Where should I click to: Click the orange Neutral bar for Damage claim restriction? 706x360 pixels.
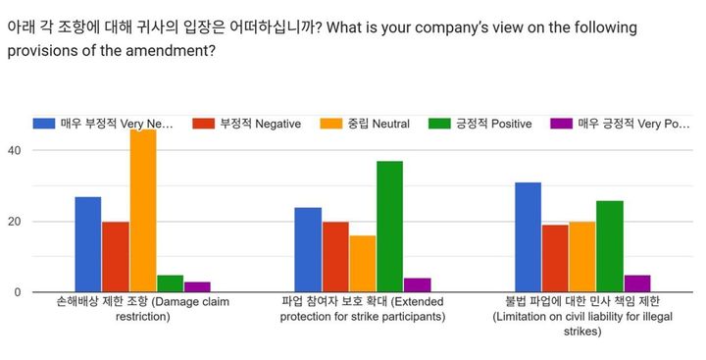[x=143, y=211]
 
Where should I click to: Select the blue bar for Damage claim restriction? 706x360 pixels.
[x=88, y=244]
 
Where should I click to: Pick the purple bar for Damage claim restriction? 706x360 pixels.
[x=197, y=286]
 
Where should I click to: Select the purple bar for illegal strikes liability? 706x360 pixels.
[x=636, y=283]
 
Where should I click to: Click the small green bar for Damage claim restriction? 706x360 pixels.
[x=170, y=283]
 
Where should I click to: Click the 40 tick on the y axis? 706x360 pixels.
[x=14, y=150]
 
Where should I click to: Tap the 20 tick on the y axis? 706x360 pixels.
[x=14, y=222]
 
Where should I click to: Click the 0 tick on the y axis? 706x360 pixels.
[x=17, y=292]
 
